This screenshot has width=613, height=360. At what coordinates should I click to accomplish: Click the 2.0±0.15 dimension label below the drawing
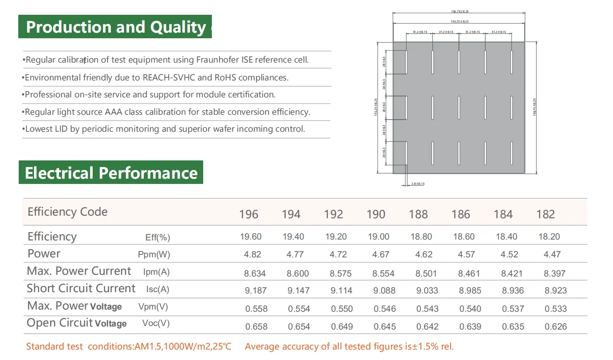(x=418, y=184)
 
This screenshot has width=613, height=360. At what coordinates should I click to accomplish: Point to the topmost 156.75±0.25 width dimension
(x=459, y=12)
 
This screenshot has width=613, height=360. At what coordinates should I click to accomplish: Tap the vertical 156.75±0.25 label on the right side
(x=535, y=107)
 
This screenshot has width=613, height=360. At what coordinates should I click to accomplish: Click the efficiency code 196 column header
(x=248, y=214)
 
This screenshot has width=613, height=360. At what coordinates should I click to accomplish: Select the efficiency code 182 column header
(x=546, y=214)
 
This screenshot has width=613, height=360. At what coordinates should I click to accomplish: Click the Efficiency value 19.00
(x=379, y=237)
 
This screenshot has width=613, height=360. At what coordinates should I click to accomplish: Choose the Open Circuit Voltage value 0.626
(x=556, y=327)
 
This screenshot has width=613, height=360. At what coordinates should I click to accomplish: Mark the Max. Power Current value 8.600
(x=298, y=273)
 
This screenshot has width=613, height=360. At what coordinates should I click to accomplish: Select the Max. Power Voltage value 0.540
(x=470, y=309)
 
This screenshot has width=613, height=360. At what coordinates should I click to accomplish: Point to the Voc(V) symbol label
(x=156, y=323)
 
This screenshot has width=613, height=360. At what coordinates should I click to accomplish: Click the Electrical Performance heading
(x=111, y=173)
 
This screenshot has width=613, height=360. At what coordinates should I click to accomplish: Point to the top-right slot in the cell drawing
(x=512, y=62)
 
